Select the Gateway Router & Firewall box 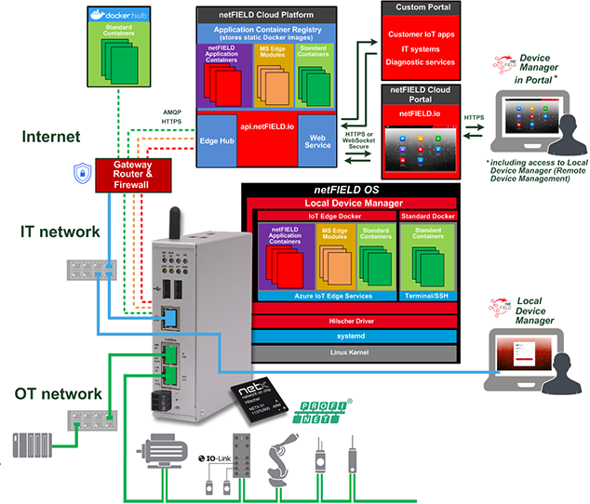pyautogui.click(x=131, y=173)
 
